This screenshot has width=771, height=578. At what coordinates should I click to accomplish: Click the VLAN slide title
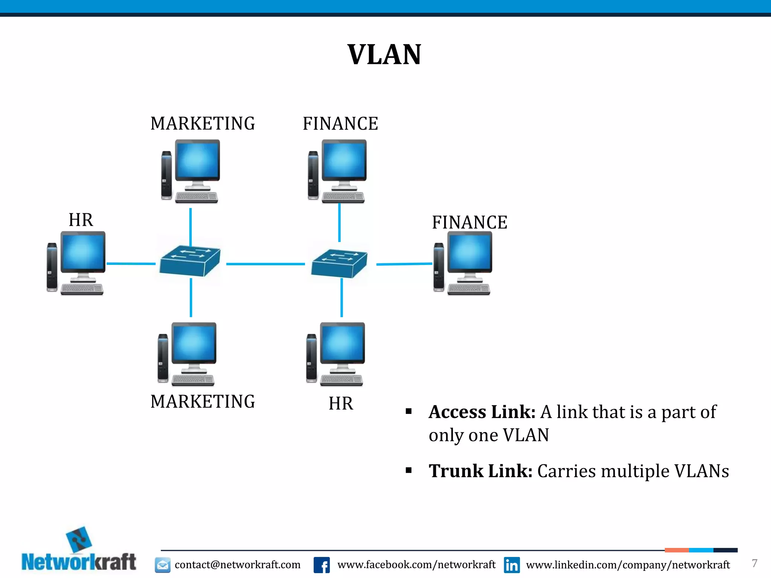pyautogui.click(x=384, y=55)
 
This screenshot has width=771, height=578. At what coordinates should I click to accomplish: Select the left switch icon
pyautogui.click(x=189, y=261)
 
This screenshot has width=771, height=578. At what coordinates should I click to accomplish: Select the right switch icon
pyautogui.click(x=339, y=263)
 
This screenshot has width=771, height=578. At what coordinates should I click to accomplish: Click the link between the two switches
pyautogui.click(x=265, y=264)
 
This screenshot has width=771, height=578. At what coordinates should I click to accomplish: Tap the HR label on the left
pyautogui.click(x=81, y=220)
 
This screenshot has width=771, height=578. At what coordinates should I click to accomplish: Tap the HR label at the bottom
pyautogui.click(x=341, y=403)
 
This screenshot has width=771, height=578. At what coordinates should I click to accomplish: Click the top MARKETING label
pyautogui.click(x=203, y=124)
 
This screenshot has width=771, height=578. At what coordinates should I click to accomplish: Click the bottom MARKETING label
pyautogui.click(x=203, y=402)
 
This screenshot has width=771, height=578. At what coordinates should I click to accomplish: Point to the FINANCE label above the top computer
pyautogui.click(x=340, y=124)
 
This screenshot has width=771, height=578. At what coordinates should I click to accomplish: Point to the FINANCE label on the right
pyautogui.click(x=469, y=222)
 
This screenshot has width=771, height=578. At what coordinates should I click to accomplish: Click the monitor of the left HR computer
pyautogui.click(x=83, y=251)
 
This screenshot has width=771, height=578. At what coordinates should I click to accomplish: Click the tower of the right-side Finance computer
pyautogui.click(x=439, y=267)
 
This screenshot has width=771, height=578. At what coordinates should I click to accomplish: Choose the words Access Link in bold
pyautogui.click(x=482, y=412)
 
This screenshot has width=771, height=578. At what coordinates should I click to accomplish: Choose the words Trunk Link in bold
pyautogui.click(x=480, y=471)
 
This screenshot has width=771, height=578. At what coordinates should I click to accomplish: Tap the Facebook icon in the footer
pyautogui.click(x=322, y=565)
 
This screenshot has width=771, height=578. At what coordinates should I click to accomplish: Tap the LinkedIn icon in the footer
pyautogui.click(x=512, y=565)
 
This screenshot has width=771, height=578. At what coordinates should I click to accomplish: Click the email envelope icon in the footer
pyautogui.click(x=163, y=565)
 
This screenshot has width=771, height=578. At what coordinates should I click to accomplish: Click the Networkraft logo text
pyautogui.click(x=79, y=562)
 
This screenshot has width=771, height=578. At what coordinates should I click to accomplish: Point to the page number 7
pyautogui.click(x=754, y=563)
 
